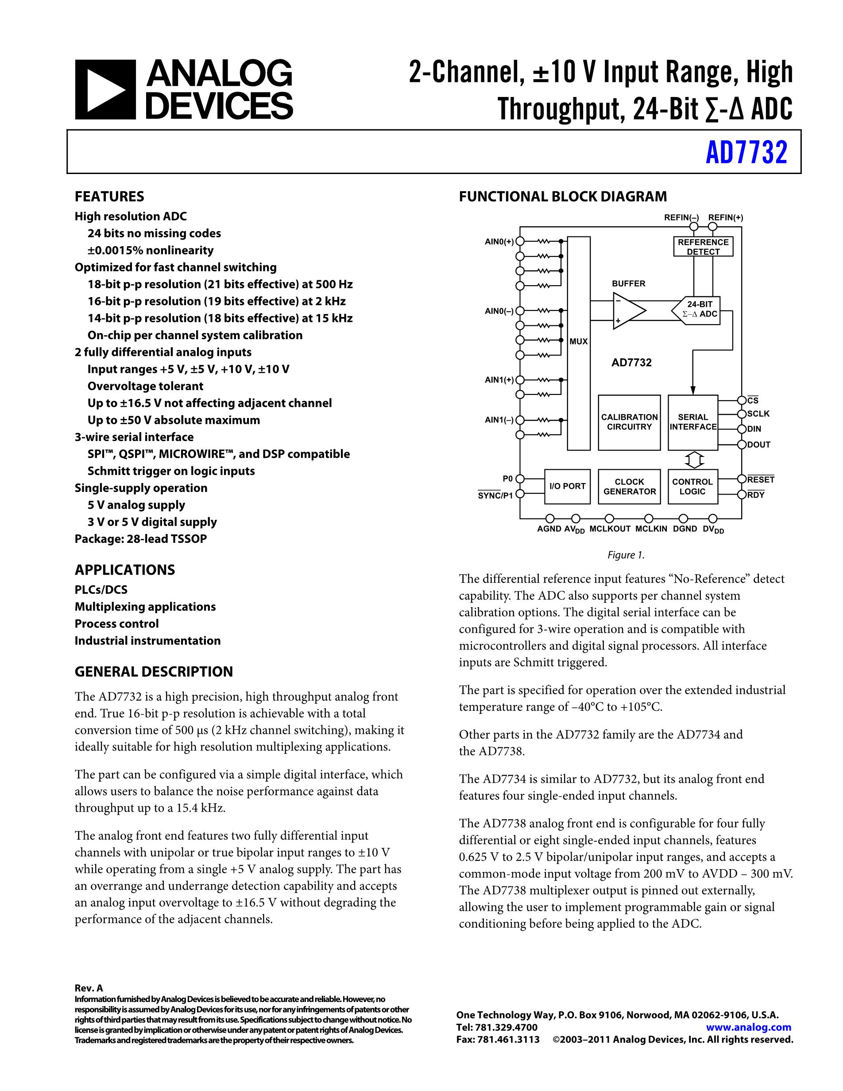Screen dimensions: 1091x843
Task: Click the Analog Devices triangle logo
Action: [105, 90]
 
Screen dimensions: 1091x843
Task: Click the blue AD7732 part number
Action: [746, 152]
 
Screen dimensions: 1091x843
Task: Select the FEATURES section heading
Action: [109, 196]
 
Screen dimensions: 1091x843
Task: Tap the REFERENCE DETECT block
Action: [703, 247]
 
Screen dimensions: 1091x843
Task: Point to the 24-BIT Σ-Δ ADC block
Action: [699, 310]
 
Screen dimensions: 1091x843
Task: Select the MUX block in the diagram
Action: [578, 343]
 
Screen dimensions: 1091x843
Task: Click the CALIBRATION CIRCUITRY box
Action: [629, 422]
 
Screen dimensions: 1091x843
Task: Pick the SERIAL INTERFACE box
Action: [692, 422]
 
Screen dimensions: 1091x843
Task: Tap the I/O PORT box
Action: [567, 487]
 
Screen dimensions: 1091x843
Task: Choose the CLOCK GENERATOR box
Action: [629, 487]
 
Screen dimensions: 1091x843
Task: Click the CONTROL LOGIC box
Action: [692, 487]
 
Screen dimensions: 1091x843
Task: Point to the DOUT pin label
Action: [758, 445]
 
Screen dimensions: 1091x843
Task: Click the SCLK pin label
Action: [758, 414]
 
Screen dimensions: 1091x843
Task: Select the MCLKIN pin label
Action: [651, 529]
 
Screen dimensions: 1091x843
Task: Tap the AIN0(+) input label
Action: [499, 242]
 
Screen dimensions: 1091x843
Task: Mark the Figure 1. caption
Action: [626, 555]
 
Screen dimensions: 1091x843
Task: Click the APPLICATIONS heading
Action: [125, 570]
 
